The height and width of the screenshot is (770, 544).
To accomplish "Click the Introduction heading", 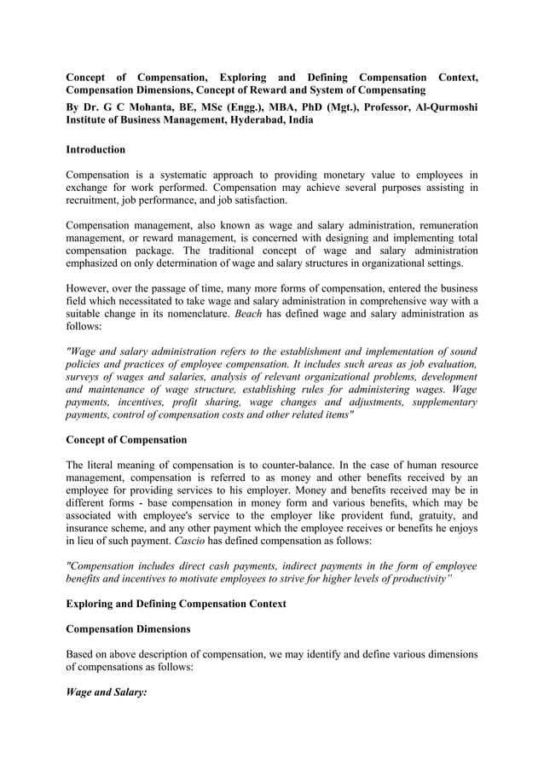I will point(95,149).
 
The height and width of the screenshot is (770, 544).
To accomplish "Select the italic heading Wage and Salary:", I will point(107,693).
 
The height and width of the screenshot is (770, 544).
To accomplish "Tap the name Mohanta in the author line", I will point(136,107).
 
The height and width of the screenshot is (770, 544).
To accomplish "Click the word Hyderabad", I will point(254,120).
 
